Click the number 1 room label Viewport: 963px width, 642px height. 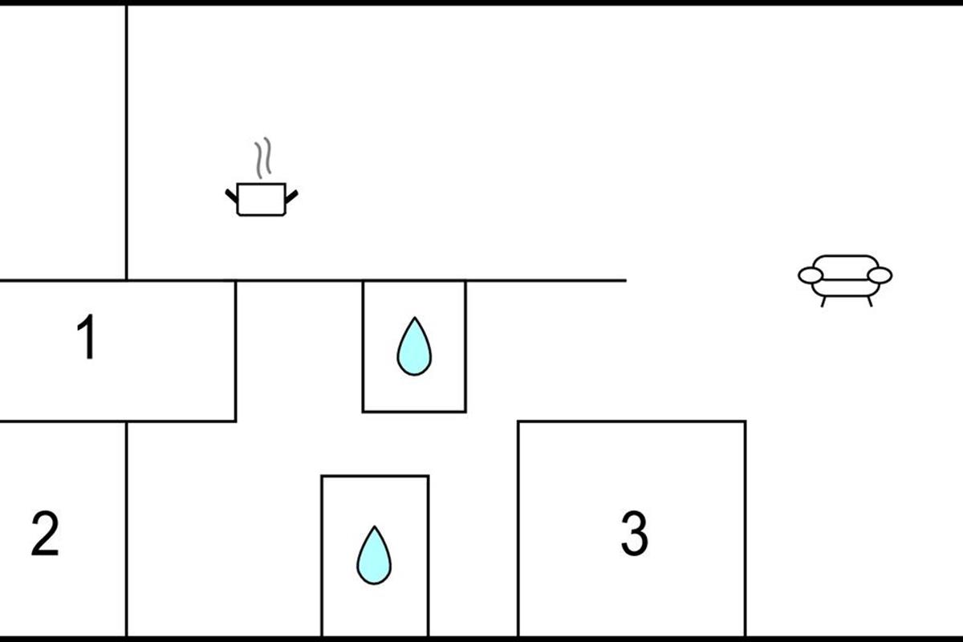(87, 336)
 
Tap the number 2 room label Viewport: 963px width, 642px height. (45, 533)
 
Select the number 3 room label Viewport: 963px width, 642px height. (635, 533)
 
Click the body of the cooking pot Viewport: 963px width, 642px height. (262, 200)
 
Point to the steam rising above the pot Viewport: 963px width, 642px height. (262, 158)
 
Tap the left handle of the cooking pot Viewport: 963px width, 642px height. (231, 196)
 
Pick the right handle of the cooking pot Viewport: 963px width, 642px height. (291, 197)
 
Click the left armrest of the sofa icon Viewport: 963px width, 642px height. (811, 275)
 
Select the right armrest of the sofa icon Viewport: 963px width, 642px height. (880, 275)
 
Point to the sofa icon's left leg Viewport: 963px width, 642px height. (823, 302)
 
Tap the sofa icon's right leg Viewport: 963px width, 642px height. (870, 302)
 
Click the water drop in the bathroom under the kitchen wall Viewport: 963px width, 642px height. (414, 347)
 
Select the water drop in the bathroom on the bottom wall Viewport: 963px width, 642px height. (374, 555)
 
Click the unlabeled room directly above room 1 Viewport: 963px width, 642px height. (63, 142)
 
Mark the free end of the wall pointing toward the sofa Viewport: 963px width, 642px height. (626, 280)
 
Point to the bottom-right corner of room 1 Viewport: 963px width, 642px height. (236, 421)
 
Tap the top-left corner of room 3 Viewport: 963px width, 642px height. (518, 422)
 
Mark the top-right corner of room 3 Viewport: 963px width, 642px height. (746, 422)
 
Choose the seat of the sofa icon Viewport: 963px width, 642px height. (845, 288)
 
